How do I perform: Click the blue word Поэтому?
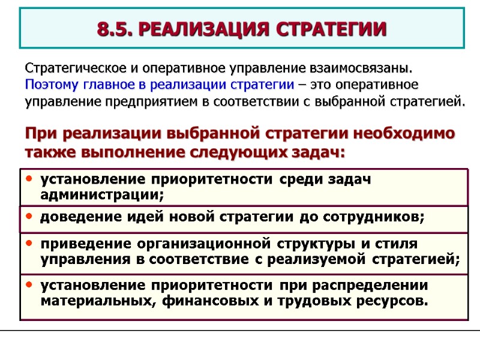coord(49,83)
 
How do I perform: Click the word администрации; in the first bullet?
coord(101,194)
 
